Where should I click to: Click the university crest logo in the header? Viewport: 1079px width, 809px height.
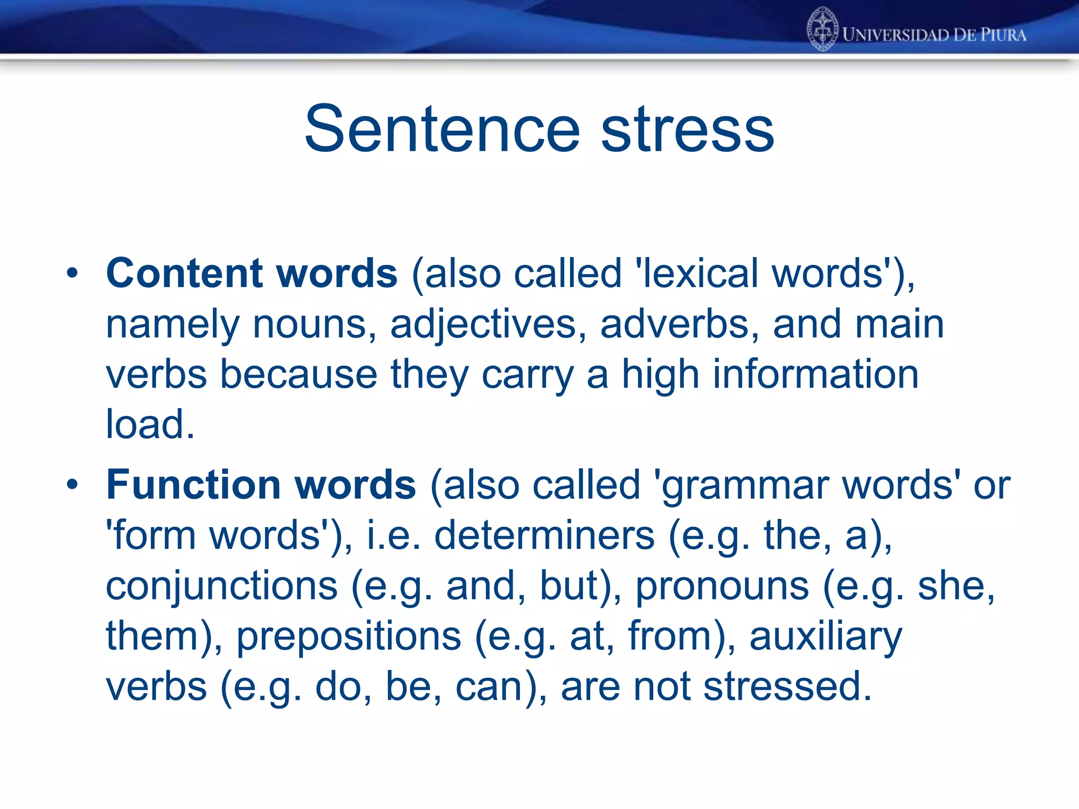coord(822,29)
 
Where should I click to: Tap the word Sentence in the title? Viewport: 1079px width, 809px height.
coord(442,129)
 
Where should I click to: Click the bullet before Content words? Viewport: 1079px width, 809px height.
coord(72,273)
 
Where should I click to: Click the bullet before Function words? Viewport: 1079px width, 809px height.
coord(72,485)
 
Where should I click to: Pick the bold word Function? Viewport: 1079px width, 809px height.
coord(193,485)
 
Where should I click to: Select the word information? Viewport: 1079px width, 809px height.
coord(816,374)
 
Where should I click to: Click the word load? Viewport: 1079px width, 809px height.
coord(150,425)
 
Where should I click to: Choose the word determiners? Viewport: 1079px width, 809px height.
coord(544,536)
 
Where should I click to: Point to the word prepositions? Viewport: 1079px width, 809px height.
coord(349,637)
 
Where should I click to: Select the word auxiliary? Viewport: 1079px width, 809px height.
coord(826,637)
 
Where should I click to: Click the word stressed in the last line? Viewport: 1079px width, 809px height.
coord(787,687)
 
